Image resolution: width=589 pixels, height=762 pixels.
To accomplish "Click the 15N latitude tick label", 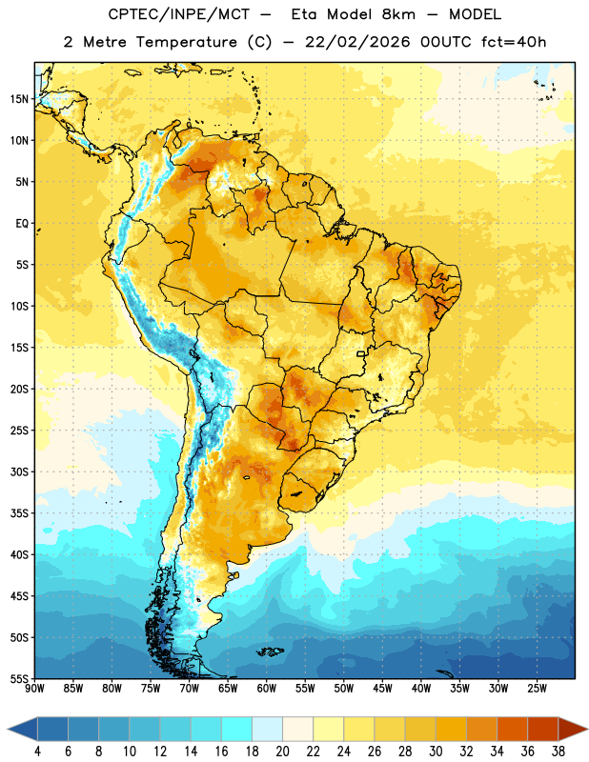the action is [19, 99].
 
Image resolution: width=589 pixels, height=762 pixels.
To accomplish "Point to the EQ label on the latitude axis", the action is [22, 224].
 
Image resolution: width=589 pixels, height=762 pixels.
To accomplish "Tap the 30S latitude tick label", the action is [19, 471].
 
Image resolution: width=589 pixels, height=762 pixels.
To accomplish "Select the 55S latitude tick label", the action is [19, 678].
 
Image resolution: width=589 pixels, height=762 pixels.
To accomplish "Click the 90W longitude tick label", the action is [35, 689].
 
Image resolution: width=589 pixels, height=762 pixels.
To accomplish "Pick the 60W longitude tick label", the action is [267, 689].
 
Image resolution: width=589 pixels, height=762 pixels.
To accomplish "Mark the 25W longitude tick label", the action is [537, 689].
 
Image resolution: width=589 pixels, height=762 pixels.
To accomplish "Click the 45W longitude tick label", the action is [382, 689].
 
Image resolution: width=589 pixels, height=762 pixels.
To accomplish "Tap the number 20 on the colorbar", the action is [282, 752].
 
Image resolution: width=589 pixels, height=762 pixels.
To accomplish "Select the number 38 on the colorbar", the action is [558, 752].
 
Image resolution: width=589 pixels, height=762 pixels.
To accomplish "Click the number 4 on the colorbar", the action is [37, 752].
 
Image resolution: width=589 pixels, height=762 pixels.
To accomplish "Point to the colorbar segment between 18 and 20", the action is [268, 729].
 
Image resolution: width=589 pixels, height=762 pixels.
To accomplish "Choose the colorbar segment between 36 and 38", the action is [543, 729].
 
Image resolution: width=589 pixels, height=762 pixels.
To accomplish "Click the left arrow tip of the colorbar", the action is [8, 729].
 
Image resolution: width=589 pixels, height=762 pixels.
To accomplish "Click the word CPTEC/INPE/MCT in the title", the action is [178, 14].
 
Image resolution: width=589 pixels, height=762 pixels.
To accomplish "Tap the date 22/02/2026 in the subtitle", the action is [357, 42].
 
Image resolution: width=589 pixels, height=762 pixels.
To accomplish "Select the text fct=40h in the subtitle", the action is [514, 42].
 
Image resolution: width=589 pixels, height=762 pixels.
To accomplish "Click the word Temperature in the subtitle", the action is [186, 42].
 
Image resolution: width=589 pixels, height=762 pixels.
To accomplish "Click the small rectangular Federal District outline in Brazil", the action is [361, 353].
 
